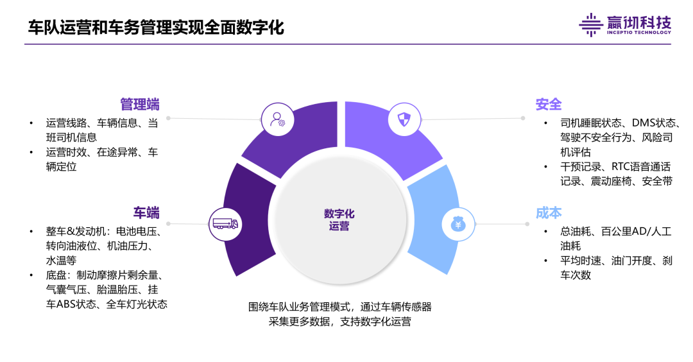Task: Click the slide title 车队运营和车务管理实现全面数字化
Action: [x=156, y=27]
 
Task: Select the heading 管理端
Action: [x=140, y=104]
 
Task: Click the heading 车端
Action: [x=146, y=212]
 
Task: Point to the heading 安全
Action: [x=549, y=104]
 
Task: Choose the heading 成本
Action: [x=549, y=212]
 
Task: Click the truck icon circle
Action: [x=225, y=223]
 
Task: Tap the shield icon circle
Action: [x=404, y=119]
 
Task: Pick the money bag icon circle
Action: [x=458, y=224]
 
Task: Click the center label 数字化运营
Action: [x=339, y=220]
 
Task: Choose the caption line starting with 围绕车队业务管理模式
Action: [x=340, y=307]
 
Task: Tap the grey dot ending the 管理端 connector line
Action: [x=168, y=118]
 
